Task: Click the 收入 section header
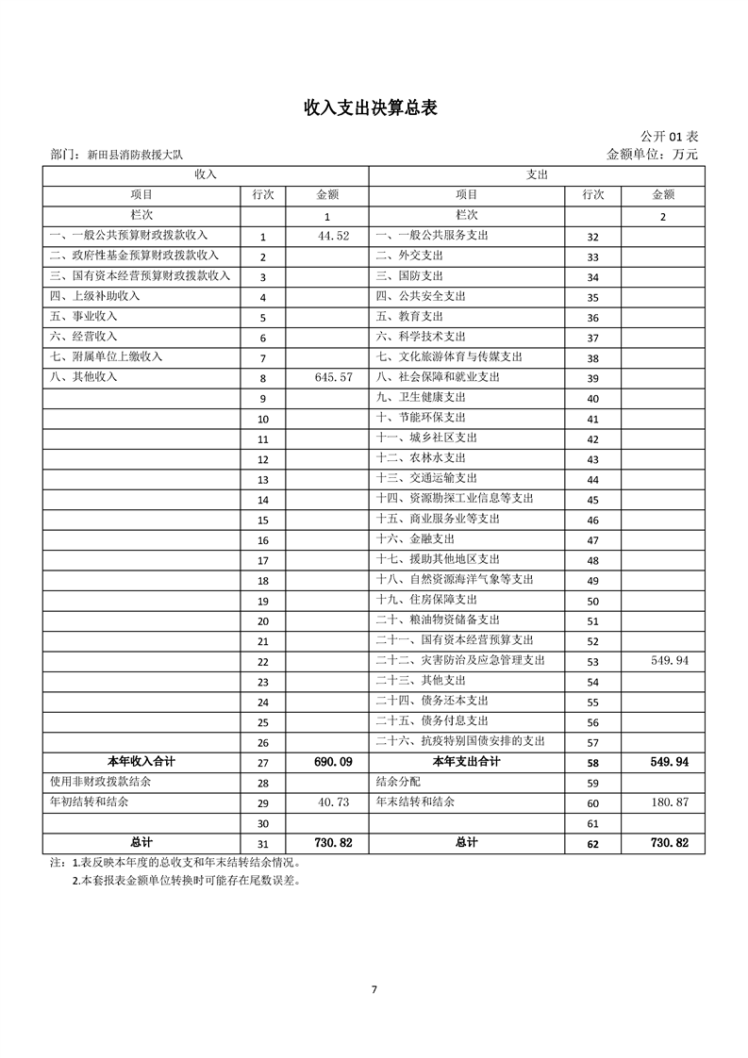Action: [x=206, y=174]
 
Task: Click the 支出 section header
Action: [x=536, y=174]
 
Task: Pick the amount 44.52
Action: [x=334, y=235]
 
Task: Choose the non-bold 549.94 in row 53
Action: [x=670, y=661]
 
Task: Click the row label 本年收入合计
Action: [x=141, y=761]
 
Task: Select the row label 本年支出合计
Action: [x=466, y=761]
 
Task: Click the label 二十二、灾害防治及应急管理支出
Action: [x=459, y=661]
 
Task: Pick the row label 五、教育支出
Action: [x=409, y=317]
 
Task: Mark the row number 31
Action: [x=262, y=844]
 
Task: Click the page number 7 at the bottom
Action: [x=374, y=989]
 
